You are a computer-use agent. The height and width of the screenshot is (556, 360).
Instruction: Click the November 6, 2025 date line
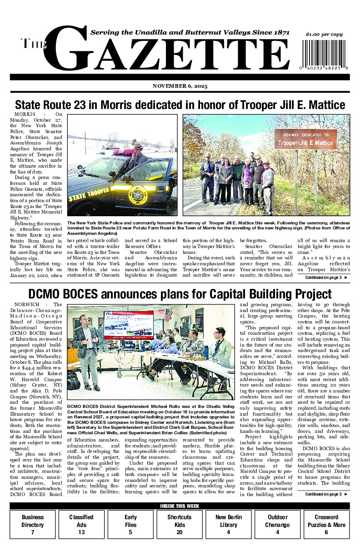pyautogui.click(x=180, y=86)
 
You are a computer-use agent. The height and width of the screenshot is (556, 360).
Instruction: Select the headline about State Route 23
pyautogui.click(x=180, y=105)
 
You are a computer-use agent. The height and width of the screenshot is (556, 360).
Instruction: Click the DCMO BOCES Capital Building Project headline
pyautogui.click(x=180, y=294)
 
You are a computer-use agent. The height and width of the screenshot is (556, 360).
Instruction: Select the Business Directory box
pyautogui.click(x=33, y=524)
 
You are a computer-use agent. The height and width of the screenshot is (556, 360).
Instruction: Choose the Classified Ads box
pyautogui.click(x=81, y=524)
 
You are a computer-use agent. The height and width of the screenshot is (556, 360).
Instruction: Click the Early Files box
pyautogui.click(x=130, y=524)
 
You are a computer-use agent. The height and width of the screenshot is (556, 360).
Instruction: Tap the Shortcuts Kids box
pyautogui.click(x=179, y=524)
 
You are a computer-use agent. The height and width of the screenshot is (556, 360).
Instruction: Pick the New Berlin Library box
pyautogui.click(x=228, y=524)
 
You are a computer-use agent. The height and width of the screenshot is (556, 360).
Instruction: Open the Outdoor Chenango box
pyautogui.click(x=277, y=524)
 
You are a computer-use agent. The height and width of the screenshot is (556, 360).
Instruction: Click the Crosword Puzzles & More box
pyautogui.click(x=326, y=524)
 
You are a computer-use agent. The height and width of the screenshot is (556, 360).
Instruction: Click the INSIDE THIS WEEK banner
pyautogui.click(x=180, y=506)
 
